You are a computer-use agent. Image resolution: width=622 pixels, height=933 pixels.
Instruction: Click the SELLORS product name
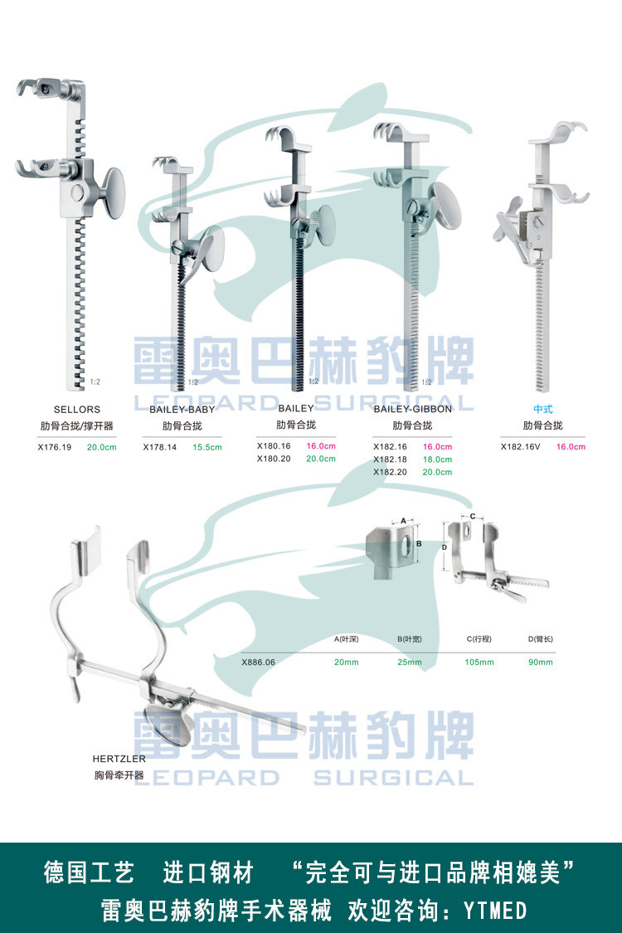pyautogui.click(x=77, y=409)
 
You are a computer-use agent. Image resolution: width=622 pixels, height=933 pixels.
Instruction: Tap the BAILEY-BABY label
pyautogui.click(x=182, y=409)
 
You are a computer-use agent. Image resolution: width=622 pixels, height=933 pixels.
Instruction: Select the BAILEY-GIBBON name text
pyautogui.click(x=412, y=409)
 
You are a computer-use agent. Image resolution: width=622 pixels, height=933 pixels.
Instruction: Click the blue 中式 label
pyautogui.click(x=542, y=409)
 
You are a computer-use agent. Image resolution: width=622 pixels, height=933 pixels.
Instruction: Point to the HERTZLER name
pyautogui.click(x=119, y=758)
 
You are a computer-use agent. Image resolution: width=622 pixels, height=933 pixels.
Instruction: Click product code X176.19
pyautogui.click(x=55, y=446)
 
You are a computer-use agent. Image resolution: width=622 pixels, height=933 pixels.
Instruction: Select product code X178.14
pyautogui.click(x=160, y=446)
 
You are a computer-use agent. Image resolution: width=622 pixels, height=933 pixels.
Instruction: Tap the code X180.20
pyautogui.click(x=274, y=459)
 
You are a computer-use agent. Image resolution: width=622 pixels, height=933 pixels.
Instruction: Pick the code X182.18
pyautogui.click(x=390, y=459)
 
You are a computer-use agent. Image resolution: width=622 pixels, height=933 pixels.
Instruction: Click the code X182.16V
pyautogui.click(x=520, y=446)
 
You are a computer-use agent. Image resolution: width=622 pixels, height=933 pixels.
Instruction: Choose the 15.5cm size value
pyautogui.click(x=207, y=446)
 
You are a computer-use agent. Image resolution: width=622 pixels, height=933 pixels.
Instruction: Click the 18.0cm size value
pyautogui.click(x=438, y=459)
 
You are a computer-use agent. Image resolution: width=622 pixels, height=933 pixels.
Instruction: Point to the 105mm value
pyautogui.click(x=480, y=662)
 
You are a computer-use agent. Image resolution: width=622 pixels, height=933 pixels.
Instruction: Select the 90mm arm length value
pyautogui.click(x=542, y=662)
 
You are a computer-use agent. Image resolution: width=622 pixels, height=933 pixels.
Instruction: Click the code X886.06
pyautogui.click(x=258, y=662)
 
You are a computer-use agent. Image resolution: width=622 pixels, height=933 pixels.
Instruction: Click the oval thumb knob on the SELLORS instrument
pyautogui.click(x=113, y=193)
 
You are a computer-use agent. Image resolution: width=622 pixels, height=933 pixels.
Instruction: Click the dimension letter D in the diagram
pyautogui.click(x=445, y=547)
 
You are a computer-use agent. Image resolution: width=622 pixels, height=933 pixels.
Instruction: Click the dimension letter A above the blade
pyautogui.click(x=403, y=520)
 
